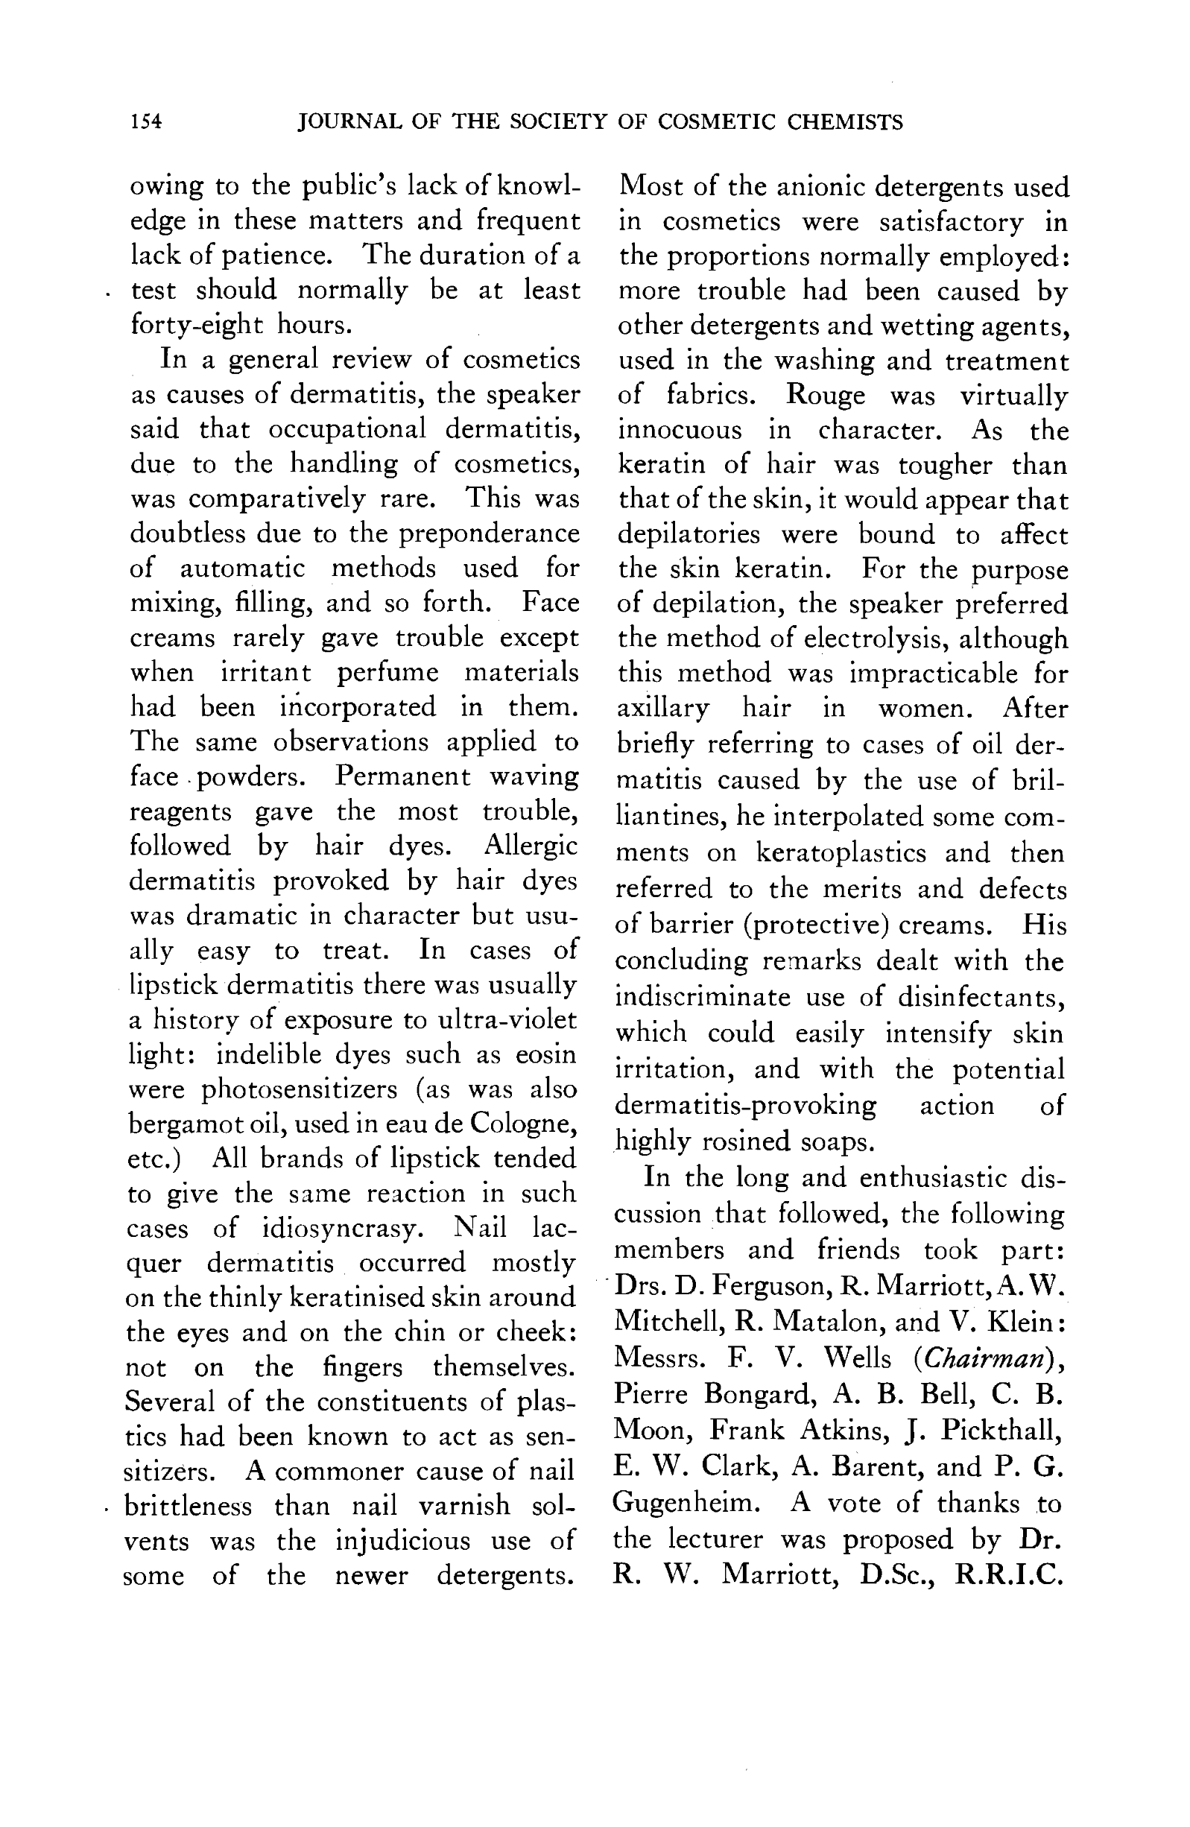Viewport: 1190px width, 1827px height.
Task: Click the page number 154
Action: (x=146, y=122)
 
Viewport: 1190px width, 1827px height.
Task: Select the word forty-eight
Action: (x=196, y=325)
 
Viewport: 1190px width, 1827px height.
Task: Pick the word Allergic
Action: (x=531, y=846)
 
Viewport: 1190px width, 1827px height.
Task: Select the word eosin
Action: (x=545, y=1054)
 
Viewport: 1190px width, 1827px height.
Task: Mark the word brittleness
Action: (x=187, y=1506)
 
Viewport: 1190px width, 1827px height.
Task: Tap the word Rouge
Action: (x=826, y=396)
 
